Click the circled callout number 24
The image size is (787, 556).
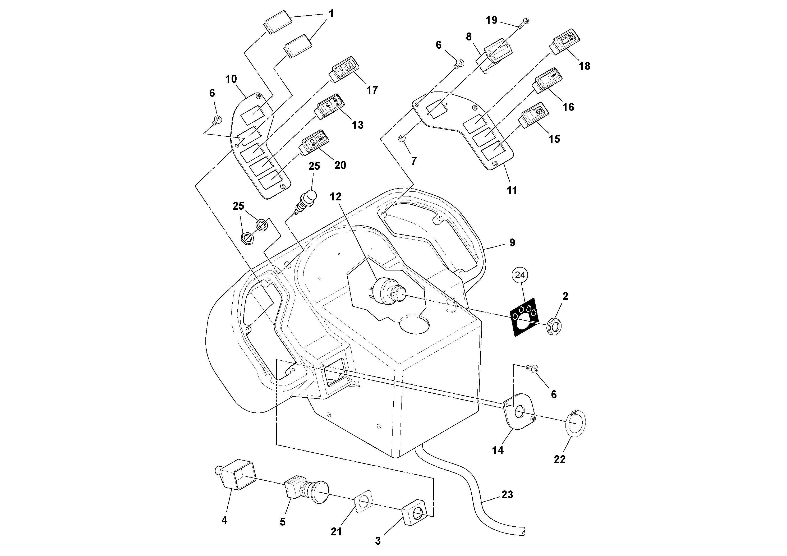[520, 275]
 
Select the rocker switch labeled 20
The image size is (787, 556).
[313, 141]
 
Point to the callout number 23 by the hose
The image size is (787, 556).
[507, 495]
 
